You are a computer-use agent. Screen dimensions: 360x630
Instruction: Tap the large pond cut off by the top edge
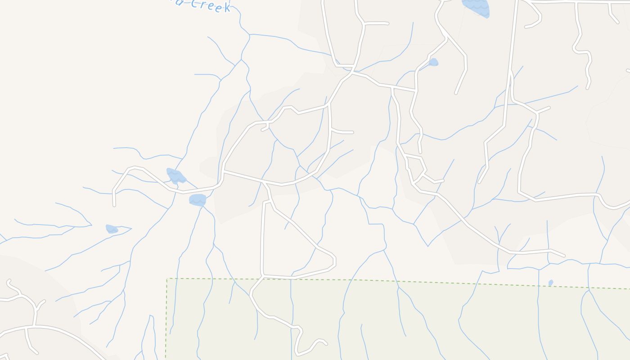click(476, 7)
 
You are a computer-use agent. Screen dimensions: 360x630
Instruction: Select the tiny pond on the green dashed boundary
click(551, 283)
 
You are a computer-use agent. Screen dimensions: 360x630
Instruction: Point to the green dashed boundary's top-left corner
click(167, 279)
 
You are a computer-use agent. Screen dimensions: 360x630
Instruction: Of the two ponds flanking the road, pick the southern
click(198, 199)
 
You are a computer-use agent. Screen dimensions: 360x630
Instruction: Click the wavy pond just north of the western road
click(176, 175)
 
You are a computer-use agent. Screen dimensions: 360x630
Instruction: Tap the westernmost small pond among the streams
click(112, 229)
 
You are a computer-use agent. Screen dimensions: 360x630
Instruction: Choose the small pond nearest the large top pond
click(433, 62)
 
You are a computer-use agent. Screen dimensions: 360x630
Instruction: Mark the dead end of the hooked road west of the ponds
click(114, 205)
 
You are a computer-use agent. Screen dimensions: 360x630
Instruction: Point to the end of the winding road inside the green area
click(326, 344)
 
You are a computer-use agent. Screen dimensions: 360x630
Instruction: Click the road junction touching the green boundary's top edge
click(263, 276)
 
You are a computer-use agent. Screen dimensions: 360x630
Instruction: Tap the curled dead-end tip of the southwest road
click(9, 281)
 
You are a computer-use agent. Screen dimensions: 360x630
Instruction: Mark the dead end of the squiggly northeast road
click(588, 88)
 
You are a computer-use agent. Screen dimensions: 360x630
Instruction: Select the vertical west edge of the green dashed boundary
click(166, 319)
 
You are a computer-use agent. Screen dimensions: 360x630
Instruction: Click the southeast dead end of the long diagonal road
click(564, 256)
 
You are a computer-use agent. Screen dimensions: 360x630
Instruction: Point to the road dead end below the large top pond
click(456, 93)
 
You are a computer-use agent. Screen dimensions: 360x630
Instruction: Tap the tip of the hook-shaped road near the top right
click(526, 27)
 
